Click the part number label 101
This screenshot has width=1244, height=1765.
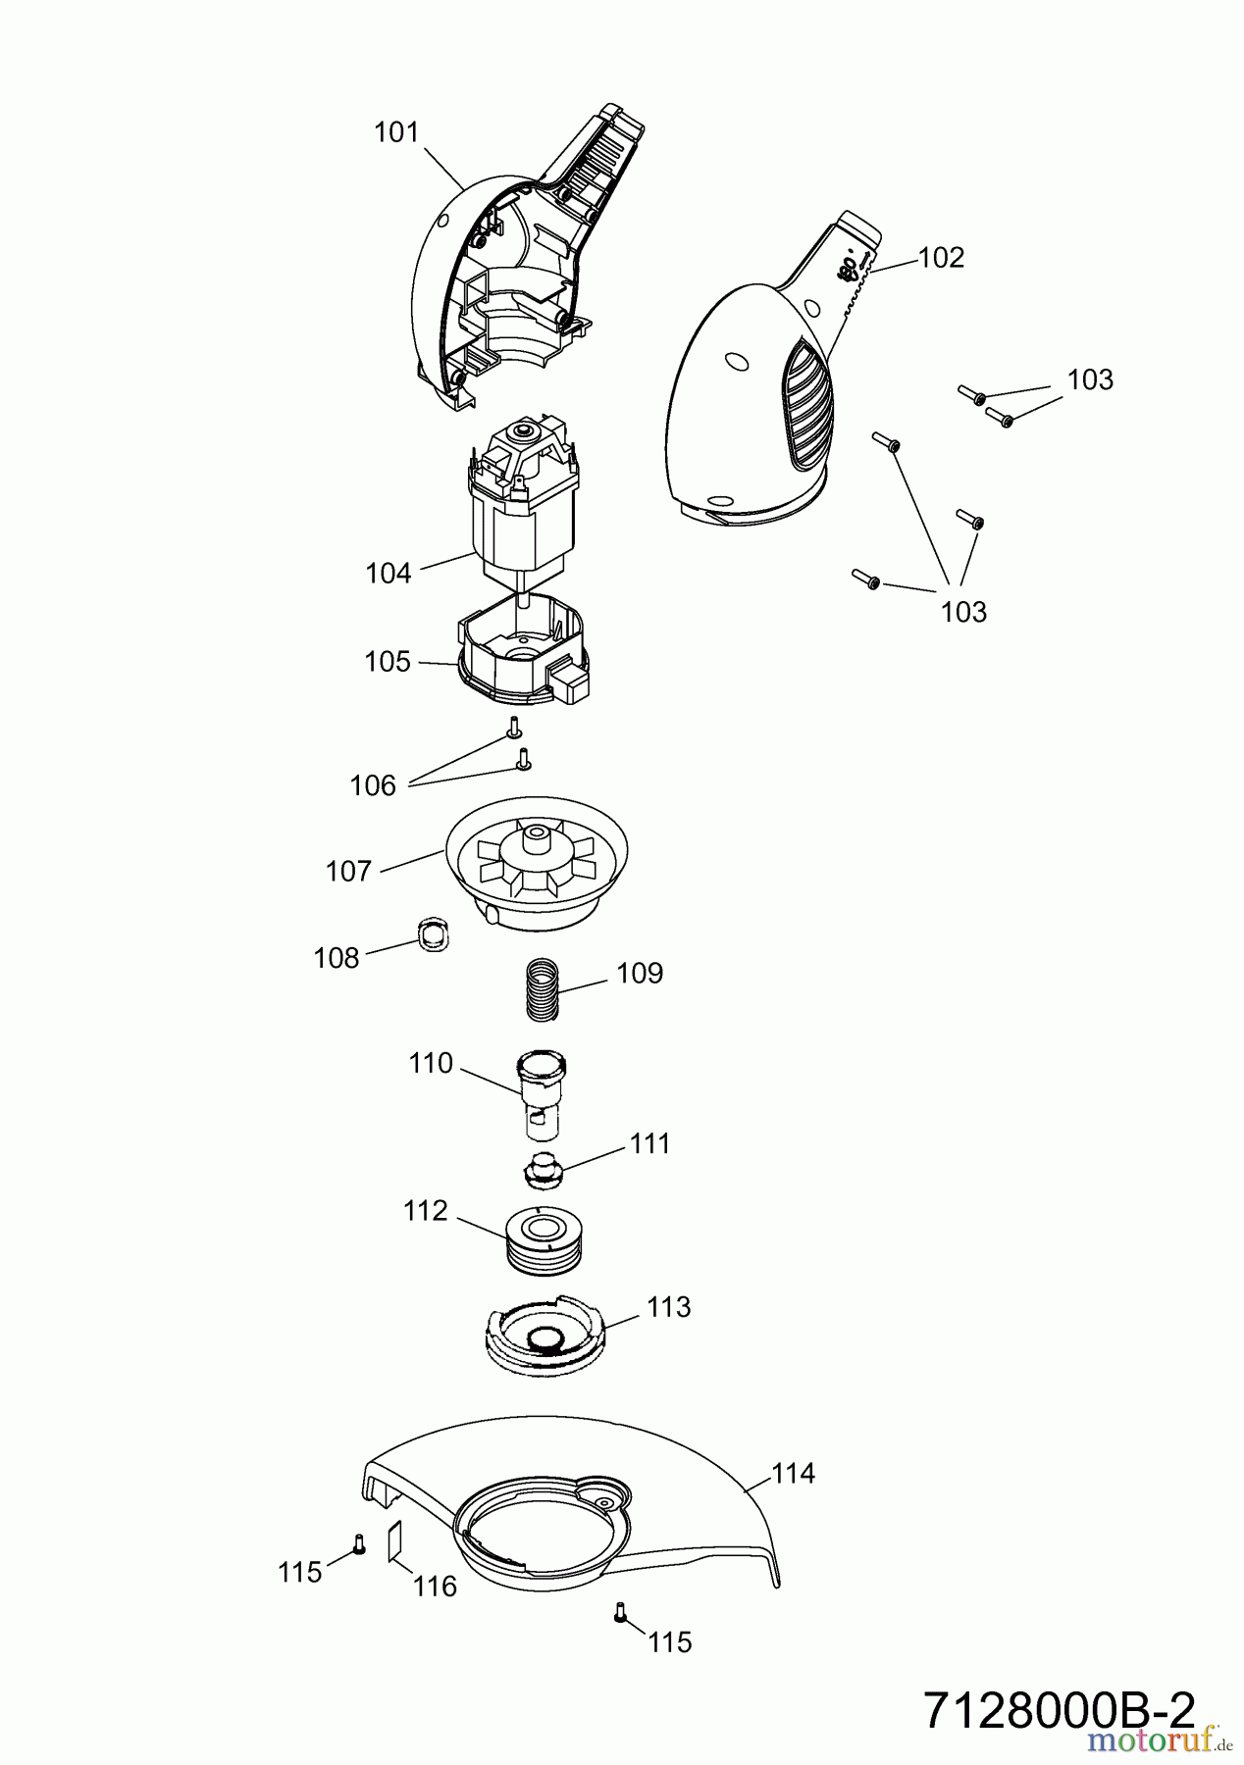click(x=396, y=132)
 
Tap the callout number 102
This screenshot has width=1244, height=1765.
click(x=941, y=258)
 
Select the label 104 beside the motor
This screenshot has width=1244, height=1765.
click(x=389, y=574)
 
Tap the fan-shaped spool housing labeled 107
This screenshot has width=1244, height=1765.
click(x=538, y=868)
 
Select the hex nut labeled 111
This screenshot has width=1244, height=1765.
click(x=540, y=1169)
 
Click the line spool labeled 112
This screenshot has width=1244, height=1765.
click(x=544, y=1240)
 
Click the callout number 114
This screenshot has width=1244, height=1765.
click(x=793, y=1474)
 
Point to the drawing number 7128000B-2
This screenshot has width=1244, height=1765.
click(x=1060, y=1711)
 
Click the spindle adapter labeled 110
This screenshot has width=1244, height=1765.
click(x=543, y=1093)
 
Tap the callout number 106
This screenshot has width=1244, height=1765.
click(x=373, y=785)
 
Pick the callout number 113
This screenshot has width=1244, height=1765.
click(x=668, y=1307)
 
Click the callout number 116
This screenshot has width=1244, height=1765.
click(x=435, y=1586)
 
